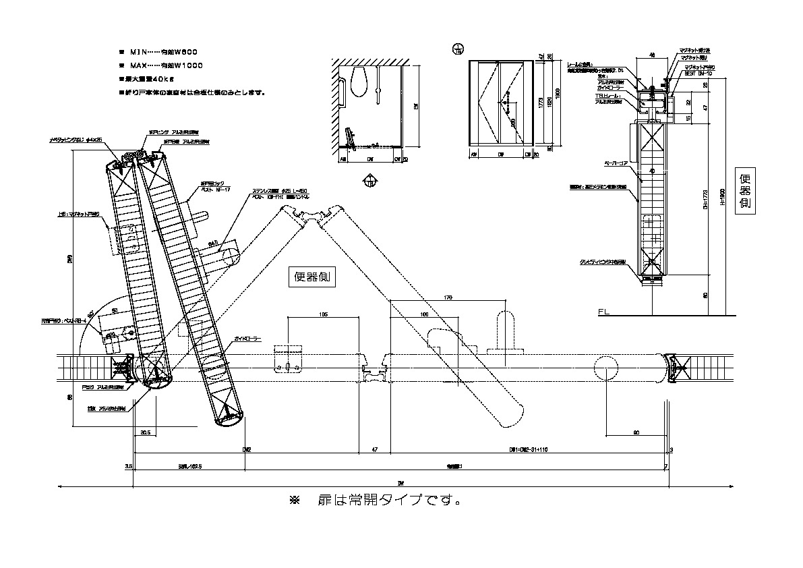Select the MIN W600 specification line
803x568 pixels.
click(x=162, y=52)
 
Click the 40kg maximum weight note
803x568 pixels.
click(x=151, y=79)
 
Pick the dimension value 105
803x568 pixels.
click(x=322, y=314)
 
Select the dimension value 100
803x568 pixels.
click(x=423, y=314)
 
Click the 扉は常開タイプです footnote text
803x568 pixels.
click(x=375, y=501)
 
